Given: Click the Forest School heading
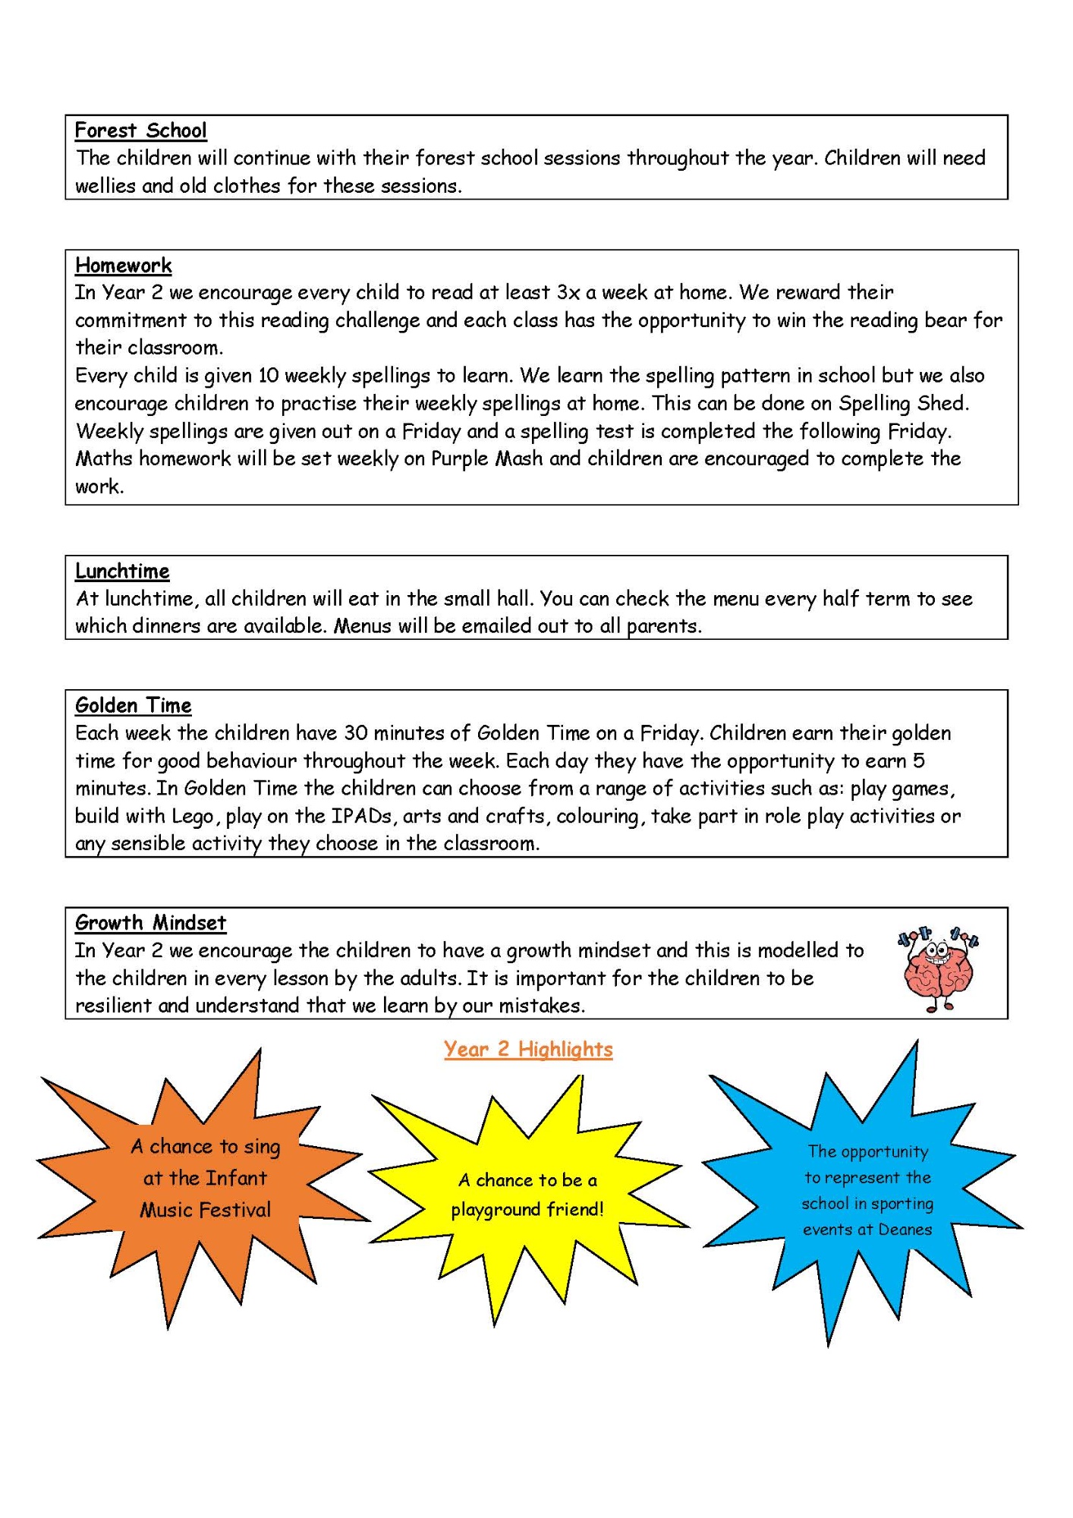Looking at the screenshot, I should (x=140, y=131).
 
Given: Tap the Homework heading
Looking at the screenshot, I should (x=124, y=266).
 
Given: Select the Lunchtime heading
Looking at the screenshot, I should (x=122, y=571).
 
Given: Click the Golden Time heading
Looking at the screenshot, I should (x=133, y=705).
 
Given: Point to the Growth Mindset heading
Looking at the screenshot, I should (x=150, y=923).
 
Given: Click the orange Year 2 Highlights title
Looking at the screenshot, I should (x=528, y=1049).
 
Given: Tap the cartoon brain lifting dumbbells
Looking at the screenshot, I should (x=938, y=969).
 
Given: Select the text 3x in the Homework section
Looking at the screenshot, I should (x=568, y=293).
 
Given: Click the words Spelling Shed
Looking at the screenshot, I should (x=903, y=403).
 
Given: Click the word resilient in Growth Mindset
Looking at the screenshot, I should (x=113, y=1006).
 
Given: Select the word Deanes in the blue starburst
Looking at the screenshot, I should (x=905, y=1230).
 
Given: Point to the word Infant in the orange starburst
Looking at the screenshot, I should (x=236, y=1178).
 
